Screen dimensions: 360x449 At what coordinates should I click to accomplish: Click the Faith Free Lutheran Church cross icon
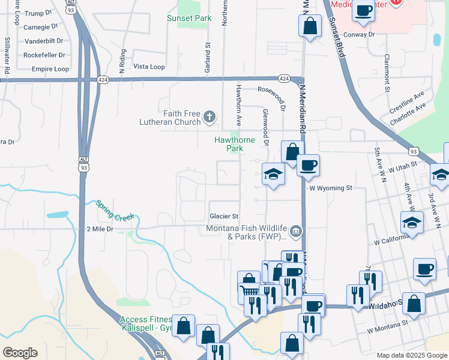click(x=209, y=116)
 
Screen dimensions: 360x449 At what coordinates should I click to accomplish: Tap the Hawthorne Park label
click(x=235, y=144)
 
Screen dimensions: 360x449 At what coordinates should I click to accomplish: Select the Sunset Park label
click(x=189, y=18)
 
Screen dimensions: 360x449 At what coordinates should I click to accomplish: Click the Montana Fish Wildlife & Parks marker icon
click(x=295, y=231)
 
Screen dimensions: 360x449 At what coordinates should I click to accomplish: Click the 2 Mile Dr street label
click(x=100, y=229)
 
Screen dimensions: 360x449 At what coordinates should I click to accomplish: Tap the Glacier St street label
click(x=224, y=216)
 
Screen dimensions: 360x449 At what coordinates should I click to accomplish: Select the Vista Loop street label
click(x=149, y=67)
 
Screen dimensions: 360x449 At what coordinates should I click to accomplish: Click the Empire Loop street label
click(x=50, y=69)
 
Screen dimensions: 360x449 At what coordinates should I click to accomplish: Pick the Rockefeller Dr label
click(x=44, y=55)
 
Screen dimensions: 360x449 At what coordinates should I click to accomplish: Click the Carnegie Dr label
click(x=40, y=27)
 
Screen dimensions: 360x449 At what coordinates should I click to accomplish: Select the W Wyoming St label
click(x=331, y=188)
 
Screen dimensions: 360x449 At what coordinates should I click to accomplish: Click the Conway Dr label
click(x=359, y=34)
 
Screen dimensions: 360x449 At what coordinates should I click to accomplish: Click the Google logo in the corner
click(x=20, y=353)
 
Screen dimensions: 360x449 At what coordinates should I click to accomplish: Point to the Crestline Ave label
click(x=406, y=96)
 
